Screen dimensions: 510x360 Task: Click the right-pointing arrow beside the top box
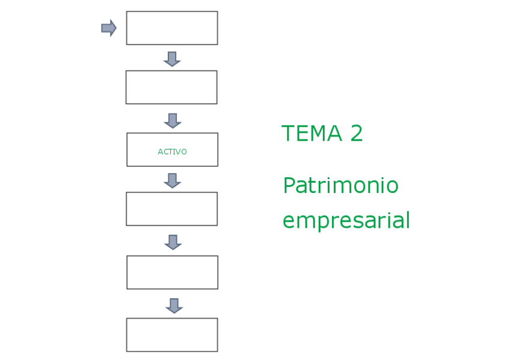pyautogui.click(x=108, y=28)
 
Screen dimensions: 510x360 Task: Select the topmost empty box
pyautogui.click(x=172, y=28)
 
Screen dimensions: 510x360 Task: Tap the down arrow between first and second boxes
pyautogui.click(x=172, y=58)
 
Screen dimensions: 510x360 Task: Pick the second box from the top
pyautogui.click(x=171, y=87)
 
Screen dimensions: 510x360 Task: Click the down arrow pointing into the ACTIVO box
pyautogui.click(x=173, y=120)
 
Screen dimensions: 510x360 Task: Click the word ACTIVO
pyautogui.click(x=172, y=151)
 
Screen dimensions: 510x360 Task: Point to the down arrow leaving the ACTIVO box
pyautogui.click(x=173, y=180)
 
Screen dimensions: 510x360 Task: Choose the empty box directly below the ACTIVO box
pyautogui.click(x=171, y=209)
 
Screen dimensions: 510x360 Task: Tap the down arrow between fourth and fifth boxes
pyautogui.click(x=173, y=242)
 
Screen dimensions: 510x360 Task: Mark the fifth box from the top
pyautogui.click(x=172, y=272)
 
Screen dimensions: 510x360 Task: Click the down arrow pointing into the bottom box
pyautogui.click(x=174, y=305)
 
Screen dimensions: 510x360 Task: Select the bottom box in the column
pyautogui.click(x=172, y=335)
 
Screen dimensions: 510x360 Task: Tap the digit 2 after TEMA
pyautogui.click(x=356, y=133)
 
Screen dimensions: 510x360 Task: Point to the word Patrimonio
pyautogui.click(x=340, y=186)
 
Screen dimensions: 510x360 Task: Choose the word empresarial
pyautogui.click(x=346, y=221)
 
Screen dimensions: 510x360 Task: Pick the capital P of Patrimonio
pyautogui.click(x=289, y=186)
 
